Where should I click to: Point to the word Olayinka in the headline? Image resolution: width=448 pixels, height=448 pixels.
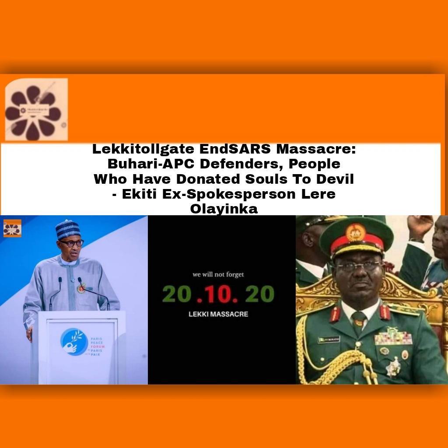point(224,209)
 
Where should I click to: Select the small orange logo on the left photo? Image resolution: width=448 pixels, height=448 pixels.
point(12,228)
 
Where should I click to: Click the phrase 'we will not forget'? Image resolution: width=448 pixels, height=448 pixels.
point(218,275)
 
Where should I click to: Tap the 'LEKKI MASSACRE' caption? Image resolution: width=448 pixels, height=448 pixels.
point(218,314)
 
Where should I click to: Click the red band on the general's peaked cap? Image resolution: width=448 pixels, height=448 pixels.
point(357,248)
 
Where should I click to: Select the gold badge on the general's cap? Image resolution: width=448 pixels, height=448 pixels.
point(356,232)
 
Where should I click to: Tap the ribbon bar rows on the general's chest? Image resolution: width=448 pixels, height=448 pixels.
point(393,338)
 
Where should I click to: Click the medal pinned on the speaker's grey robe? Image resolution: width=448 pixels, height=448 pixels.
point(81,288)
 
